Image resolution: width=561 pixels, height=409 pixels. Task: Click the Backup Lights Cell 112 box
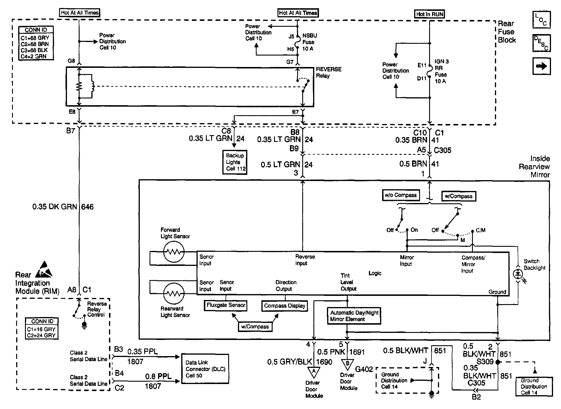[235, 162]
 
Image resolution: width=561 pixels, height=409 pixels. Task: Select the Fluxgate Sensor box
[226, 305]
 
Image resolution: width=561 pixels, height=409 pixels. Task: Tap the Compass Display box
[285, 306]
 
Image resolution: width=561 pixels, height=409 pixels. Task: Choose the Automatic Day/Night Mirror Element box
[354, 316]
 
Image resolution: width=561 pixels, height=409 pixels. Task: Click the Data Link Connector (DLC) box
[205, 369]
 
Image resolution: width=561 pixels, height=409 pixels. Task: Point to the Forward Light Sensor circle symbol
[174, 252]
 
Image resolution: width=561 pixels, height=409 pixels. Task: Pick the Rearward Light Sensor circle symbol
[174, 294]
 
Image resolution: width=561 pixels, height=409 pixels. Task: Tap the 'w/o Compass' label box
[401, 195]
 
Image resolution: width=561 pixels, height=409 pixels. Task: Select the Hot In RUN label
[429, 14]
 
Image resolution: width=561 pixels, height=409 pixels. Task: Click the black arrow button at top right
[541, 66]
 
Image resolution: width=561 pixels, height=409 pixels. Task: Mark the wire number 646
[87, 207]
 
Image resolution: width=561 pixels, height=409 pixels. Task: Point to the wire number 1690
[324, 362]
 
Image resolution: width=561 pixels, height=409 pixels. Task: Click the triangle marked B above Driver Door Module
[347, 364]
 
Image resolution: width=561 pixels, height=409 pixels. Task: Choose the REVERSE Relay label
[328, 72]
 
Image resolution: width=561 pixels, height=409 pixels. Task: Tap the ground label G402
[364, 369]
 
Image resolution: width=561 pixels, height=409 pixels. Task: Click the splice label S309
[485, 361]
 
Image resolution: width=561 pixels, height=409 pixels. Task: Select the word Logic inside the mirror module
[375, 273]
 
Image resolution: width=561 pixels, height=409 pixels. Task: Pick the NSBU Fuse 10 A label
[310, 42]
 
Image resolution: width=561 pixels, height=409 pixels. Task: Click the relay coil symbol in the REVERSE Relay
[92, 86]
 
